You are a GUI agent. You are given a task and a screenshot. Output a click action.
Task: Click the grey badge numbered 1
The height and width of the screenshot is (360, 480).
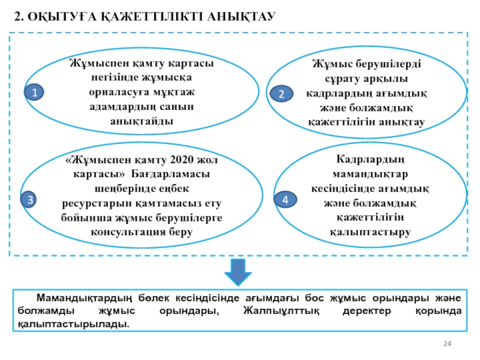(35, 92)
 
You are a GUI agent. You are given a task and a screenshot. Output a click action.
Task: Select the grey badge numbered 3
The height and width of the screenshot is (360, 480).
(29, 199)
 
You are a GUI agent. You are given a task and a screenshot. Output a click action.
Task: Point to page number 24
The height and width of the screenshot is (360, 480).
(446, 343)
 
